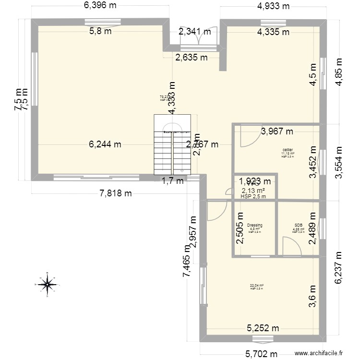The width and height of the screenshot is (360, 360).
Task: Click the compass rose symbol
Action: [x=48, y=284]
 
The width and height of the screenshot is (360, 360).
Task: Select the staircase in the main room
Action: [x=172, y=145]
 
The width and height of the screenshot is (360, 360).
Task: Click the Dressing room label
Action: [x=254, y=225]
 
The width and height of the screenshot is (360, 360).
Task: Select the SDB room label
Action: [x=299, y=225]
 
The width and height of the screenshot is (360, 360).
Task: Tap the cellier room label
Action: [x=288, y=149]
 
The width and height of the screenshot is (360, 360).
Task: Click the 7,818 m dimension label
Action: [x=115, y=193]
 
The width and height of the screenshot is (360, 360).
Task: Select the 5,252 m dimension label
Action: [x=263, y=329]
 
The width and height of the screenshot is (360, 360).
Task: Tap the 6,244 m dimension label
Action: [x=104, y=144]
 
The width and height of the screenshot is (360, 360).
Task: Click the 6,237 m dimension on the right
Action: [x=340, y=268]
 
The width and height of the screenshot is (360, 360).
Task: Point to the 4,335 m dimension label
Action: [x=273, y=32]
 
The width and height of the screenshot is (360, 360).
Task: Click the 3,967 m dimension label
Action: [x=277, y=131]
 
